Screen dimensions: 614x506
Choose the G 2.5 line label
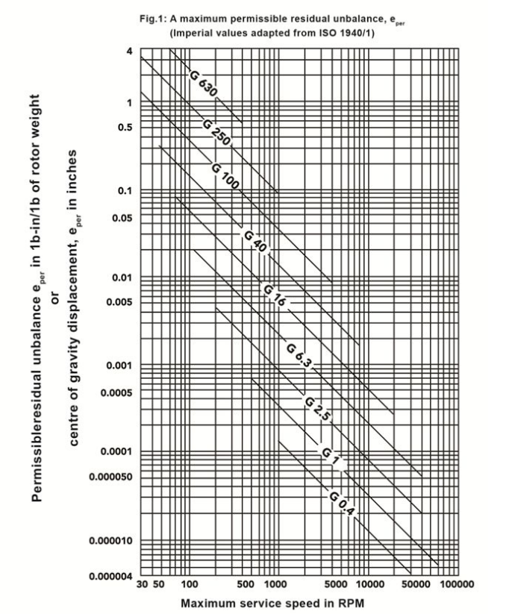pyautogui.click(x=316, y=410)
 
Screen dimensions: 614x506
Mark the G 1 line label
pyautogui.click(x=331, y=455)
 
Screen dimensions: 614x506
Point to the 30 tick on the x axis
pyautogui.click(x=142, y=584)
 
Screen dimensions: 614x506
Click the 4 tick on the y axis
pyautogui.click(x=129, y=51)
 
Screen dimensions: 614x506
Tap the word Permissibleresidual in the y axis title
pyautogui.click(x=37, y=418)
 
